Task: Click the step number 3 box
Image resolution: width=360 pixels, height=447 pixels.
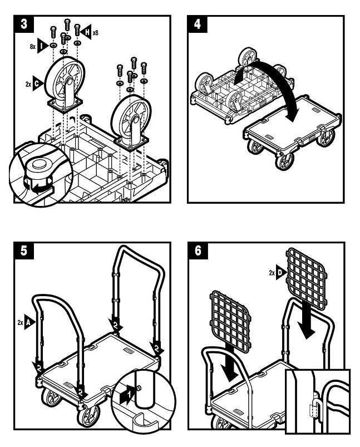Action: (24, 24)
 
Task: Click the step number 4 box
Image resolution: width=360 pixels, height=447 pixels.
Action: (197, 24)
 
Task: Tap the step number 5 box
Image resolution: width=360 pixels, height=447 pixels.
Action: (24, 251)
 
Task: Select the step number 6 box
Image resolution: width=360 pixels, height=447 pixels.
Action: (198, 251)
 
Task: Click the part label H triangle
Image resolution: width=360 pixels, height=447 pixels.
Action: (86, 32)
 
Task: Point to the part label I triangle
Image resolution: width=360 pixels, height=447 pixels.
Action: (43, 46)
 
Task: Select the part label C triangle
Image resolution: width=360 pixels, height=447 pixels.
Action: (38, 83)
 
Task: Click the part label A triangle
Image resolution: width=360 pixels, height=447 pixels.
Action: (30, 322)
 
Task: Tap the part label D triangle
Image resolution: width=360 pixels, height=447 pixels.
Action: (281, 273)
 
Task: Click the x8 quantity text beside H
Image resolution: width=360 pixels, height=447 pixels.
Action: (95, 32)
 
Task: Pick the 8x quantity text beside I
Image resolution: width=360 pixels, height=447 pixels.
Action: (33, 46)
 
